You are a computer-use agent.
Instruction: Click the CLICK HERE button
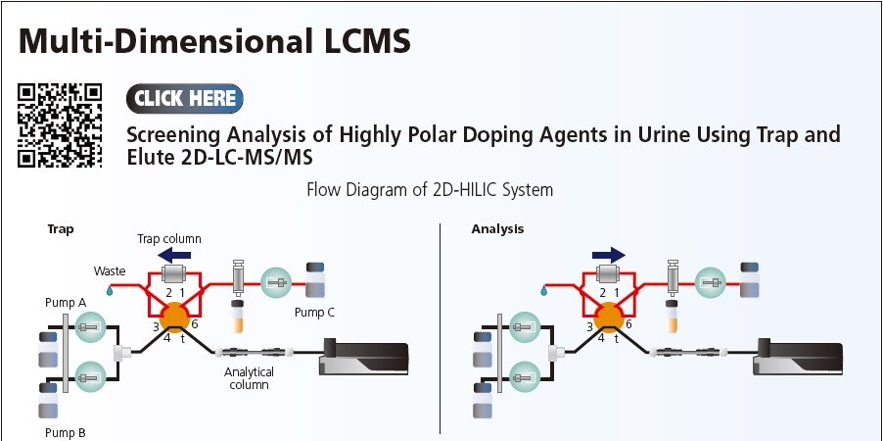pyautogui.click(x=184, y=98)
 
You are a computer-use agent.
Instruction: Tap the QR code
pyautogui.click(x=61, y=125)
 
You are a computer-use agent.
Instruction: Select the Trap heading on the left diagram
pyautogui.click(x=61, y=229)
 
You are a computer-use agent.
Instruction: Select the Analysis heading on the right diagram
pyautogui.click(x=497, y=229)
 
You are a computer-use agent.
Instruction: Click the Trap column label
pyautogui.click(x=169, y=239)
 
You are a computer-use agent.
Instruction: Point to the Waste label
pyautogui.click(x=110, y=270)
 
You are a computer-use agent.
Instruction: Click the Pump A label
pyautogui.click(x=65, y=303)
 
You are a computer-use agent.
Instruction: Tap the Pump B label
pyautogui.click(x=65, y=431)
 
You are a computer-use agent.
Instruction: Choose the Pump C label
pyautogui.click(x=315, y=313)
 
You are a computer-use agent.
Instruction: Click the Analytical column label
pyautogui.click(x=249, y=378)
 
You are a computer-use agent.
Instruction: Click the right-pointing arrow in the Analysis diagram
pyautogui.click(x=608, y=254)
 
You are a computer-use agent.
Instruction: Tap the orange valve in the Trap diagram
pyautogui.click(x=176, y=317)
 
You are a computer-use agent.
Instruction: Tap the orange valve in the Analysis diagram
pyautogui.click(x=609, y=317)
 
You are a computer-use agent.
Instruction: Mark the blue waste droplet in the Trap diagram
pyautogui.click(x=111, y=290)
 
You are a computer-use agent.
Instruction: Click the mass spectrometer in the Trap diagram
pyautogui.click(x=364, y=356)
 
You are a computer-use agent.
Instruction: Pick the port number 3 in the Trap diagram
pyautogui.click(x=155, y=326)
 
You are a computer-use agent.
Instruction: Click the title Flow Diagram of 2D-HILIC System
pyautogui.click(x=430, y=189)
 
